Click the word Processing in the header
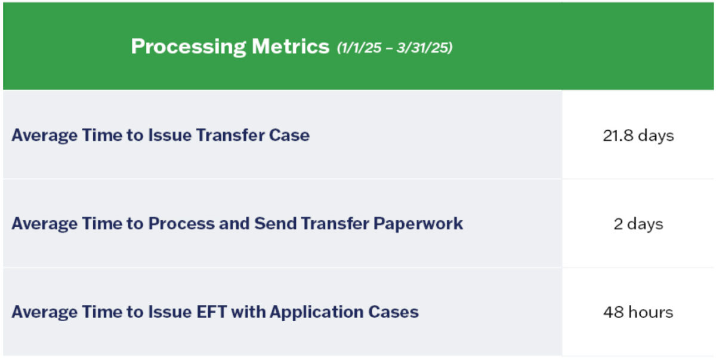189,47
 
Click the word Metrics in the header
291,47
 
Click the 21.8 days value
638,136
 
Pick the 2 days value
638,224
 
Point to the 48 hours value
638,312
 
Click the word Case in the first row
289,135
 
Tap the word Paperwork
418,223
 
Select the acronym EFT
212,312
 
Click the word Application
316,312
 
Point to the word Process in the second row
181,223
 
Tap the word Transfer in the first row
230,135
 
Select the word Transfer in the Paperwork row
335,223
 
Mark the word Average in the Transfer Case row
44,136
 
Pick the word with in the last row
248,312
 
